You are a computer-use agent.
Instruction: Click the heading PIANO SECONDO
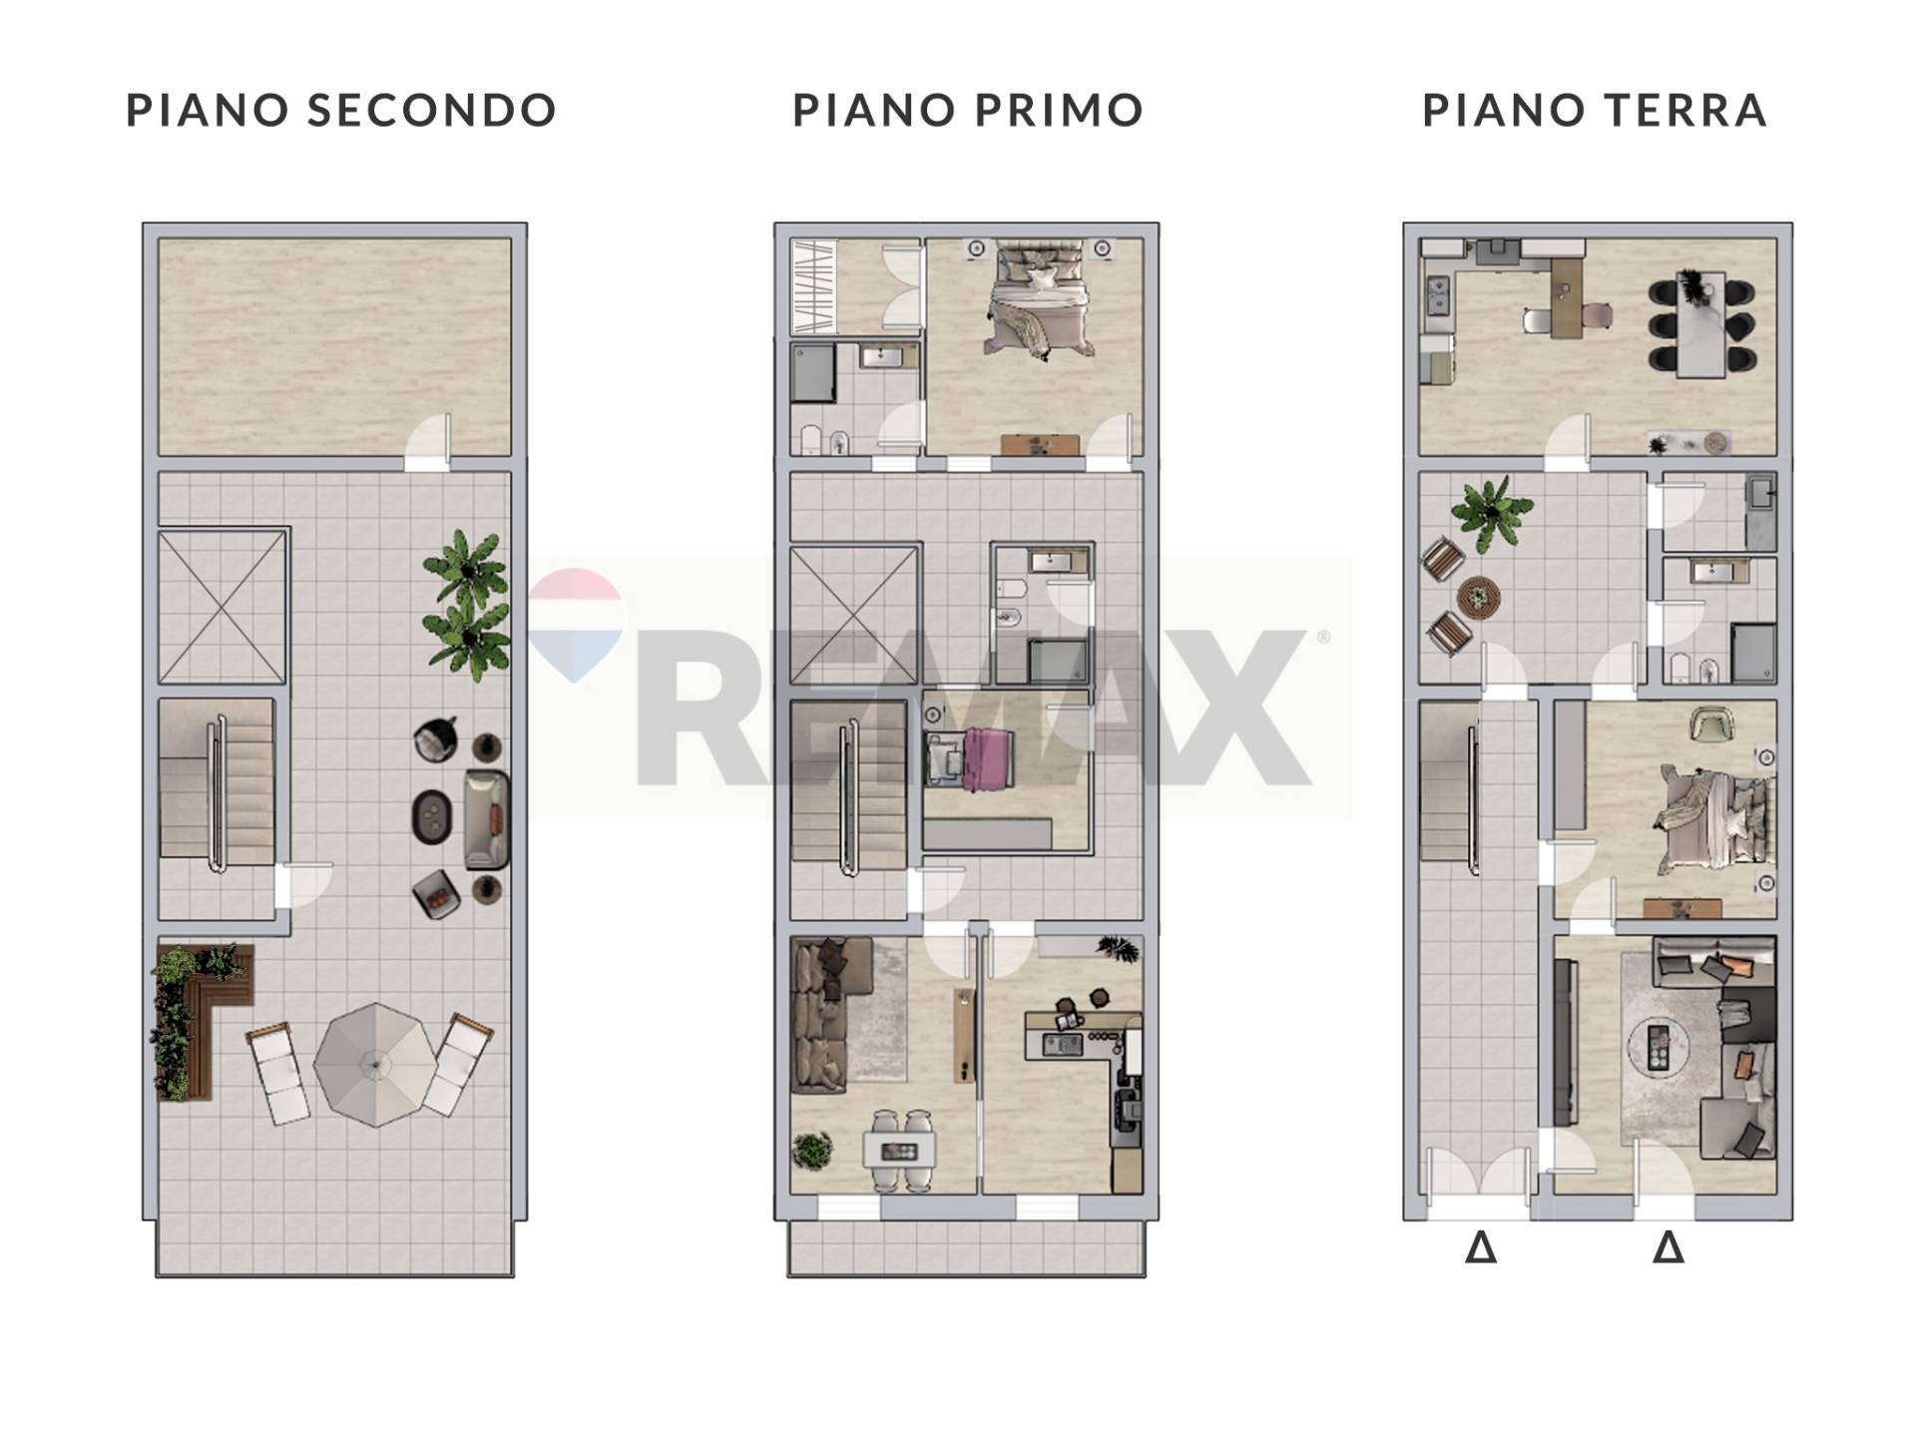click(341, 110)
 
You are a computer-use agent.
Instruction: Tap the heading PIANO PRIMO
click(968, 110)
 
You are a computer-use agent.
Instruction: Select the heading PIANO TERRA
click(1595, 110)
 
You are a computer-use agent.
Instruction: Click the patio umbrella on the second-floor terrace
click(376, 1065)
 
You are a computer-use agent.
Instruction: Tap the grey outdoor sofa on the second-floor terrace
click(487, 819)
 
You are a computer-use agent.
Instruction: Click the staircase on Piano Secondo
click(217, 788)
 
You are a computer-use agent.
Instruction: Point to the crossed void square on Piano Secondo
click(223, 606)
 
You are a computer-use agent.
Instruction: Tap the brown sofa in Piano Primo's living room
click(820, 1013)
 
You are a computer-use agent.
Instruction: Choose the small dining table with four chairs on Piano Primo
click(900, 1151)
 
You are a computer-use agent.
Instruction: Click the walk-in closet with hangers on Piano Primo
click(814, 286)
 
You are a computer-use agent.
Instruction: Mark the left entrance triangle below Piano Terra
click(1481, 1247)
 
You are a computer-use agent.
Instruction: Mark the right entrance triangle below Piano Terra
click(1669, 1247)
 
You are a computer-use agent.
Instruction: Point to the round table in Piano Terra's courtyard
click(1479, 598)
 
